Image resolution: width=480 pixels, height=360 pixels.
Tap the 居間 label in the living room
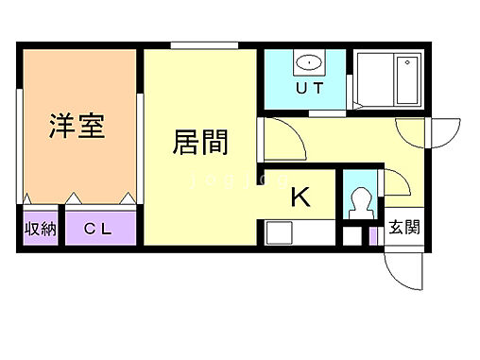[x=200, y=143]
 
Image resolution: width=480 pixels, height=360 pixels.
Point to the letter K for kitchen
[x=300, y=197]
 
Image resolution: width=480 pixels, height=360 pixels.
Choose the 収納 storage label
[x=40, y=229]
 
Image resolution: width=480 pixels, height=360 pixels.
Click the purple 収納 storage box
[x=40, y=229]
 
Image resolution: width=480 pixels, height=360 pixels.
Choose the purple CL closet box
[x=101, y=229]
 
